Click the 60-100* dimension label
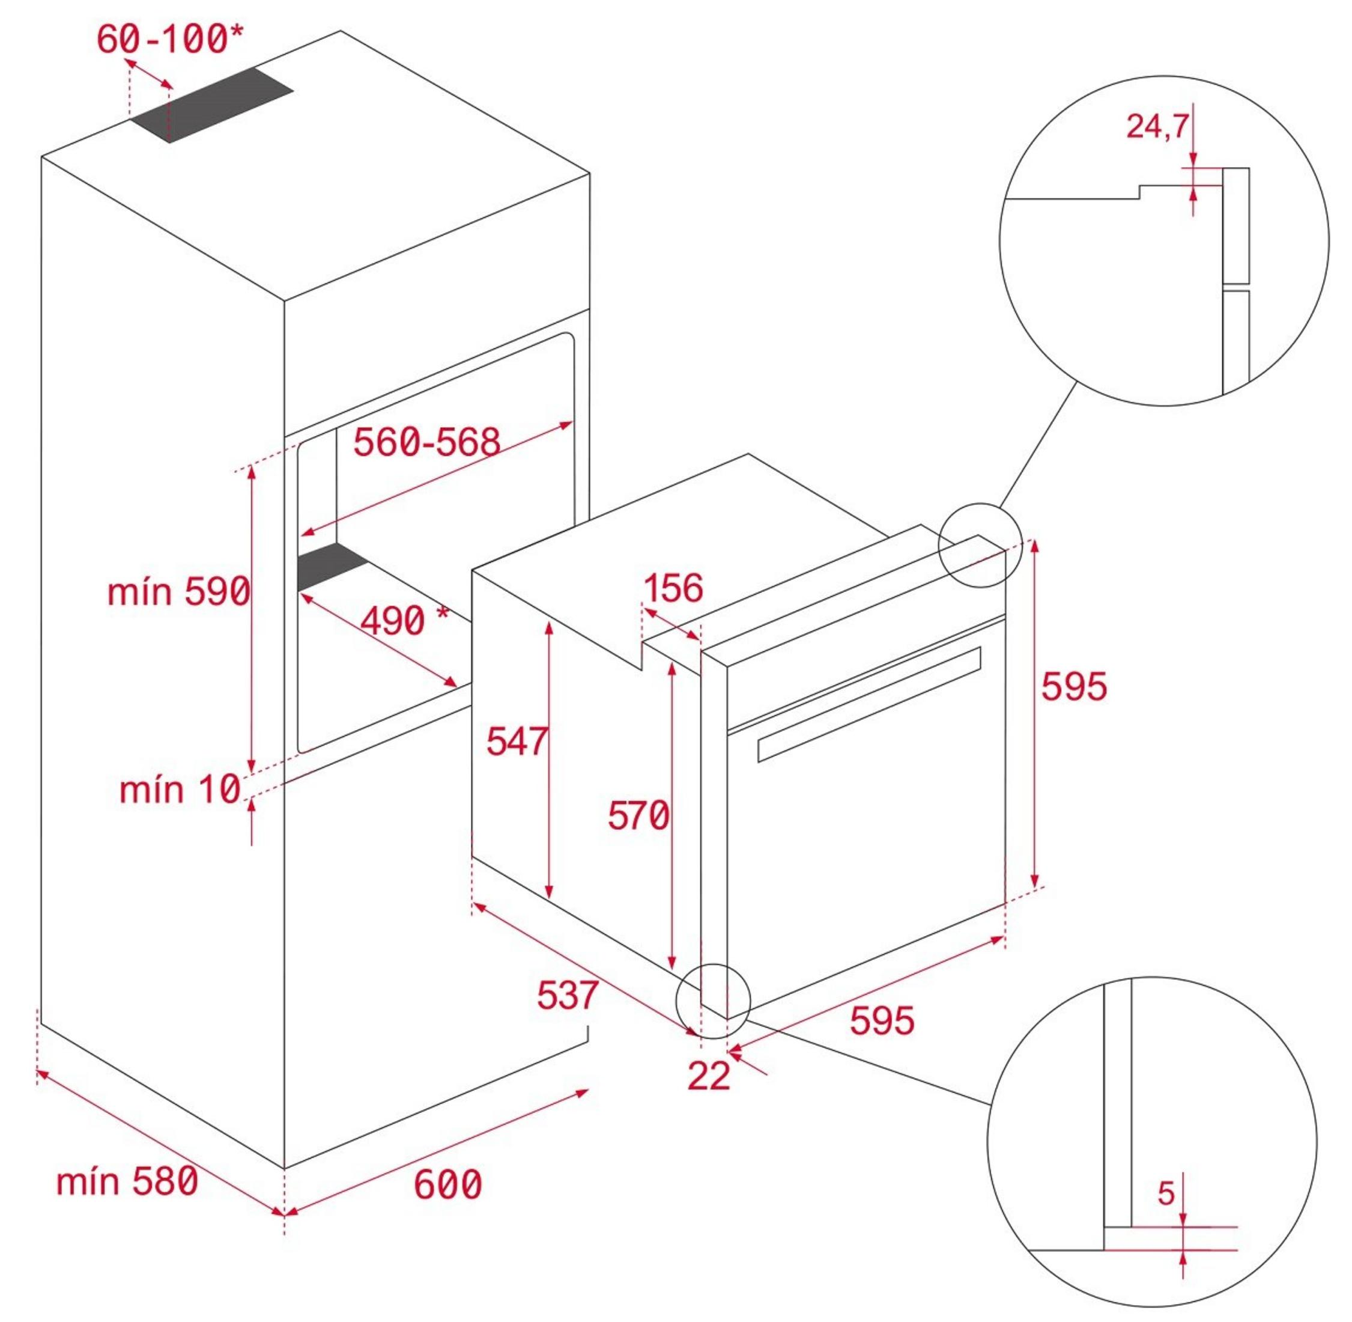(x=170, y=39)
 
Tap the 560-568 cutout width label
(x=427, y=442)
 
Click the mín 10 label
(x=180, y=790)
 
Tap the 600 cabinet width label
(x=447, y=1184)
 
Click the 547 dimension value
(x=517, y=741)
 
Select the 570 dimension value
(x=638, y=815)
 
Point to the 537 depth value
(x=567, y=995)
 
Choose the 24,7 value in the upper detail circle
(x=1157, y=126)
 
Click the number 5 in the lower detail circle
(x=1166, y=1193)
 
